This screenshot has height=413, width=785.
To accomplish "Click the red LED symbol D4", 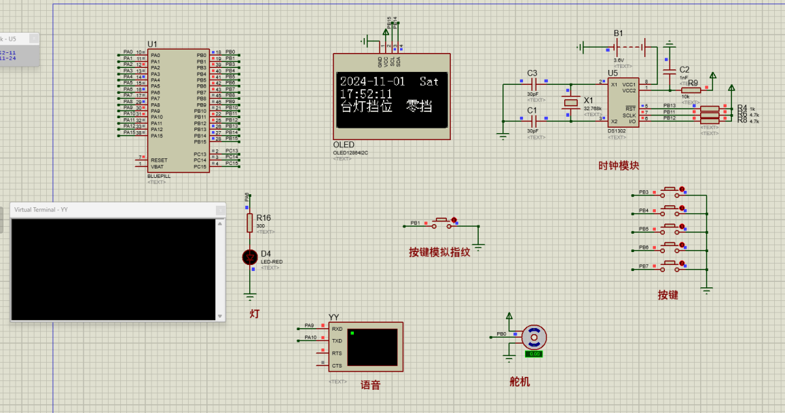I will point(250,257).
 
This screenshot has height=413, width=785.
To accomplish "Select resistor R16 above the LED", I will point(250,222).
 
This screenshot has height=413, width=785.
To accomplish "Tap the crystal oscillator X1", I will point(570,103).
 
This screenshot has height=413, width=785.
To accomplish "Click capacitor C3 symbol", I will point(533,84).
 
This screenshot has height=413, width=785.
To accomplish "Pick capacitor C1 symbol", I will point(533,121).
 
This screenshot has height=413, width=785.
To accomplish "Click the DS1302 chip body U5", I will point(622,102).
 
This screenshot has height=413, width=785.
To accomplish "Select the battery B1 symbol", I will point(629,47).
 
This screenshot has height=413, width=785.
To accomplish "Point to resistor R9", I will point(691,90).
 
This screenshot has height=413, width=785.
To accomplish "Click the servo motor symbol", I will point(534,337).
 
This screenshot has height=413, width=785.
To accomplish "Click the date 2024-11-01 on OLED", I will point(372,81).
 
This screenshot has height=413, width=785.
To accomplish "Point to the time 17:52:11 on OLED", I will point(366,94).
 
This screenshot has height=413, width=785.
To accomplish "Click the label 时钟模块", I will point(618,165).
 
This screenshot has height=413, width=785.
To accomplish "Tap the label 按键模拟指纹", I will point(439,251).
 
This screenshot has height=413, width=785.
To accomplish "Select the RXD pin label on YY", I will point(337,329).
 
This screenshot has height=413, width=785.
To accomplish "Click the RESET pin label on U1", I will point(159,160).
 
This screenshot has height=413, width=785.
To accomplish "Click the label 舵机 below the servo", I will point(519,382).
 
